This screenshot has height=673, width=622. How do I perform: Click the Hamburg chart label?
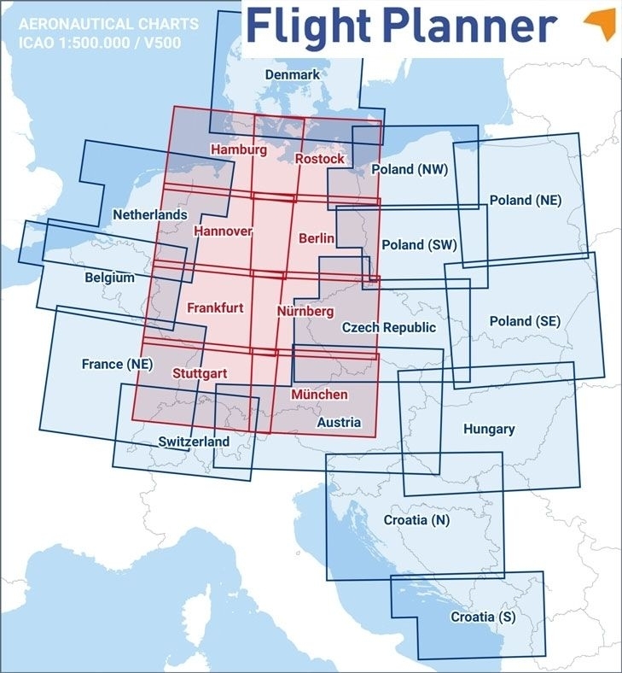pos(238,150)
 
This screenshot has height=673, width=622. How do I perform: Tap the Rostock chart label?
pos(320,159)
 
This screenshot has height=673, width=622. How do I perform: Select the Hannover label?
pos(223,231)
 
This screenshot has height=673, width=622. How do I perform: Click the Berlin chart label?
pos(317,238)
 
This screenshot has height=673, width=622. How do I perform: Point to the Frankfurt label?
pos(215,307)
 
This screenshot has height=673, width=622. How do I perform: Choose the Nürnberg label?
pos(305,312)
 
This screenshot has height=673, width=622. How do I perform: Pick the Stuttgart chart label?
pos(199,373)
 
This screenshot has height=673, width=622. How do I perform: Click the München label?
pos(319,395)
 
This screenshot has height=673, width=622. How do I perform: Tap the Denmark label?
pos(292,75)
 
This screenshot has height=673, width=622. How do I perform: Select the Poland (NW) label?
pos(410,170)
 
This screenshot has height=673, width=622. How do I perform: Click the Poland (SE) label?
pos(525,321)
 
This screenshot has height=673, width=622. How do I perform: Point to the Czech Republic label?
pos(389,327)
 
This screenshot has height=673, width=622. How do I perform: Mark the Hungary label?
pos(489,429)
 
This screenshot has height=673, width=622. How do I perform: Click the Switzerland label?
pos(194,442)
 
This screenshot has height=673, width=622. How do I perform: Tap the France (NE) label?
pos(116,364)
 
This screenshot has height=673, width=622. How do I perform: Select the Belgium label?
pos(109,278)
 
